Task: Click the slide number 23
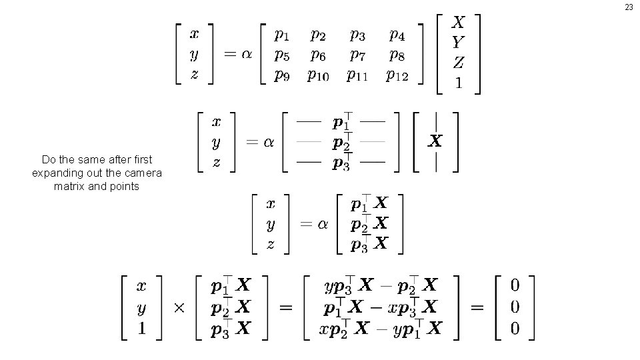(x=629, y=7)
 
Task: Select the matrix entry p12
(x=397, y=75)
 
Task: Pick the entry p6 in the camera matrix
(x=318, y=55)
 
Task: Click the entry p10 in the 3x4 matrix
(x=318, y=75)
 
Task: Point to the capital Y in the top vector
(x=458, y=43)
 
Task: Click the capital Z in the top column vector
(x=458, y=63)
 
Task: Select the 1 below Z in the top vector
(x=458, y=83)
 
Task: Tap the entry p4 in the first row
(x=397, y=34)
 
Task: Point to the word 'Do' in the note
(x=48, y=160)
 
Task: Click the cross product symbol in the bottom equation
(x=179, y=308)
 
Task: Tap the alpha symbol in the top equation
(x=246, y=54)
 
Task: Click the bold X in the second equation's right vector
(x=435, y=141)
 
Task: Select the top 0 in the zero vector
(x=514, y=286)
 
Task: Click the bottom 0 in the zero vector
(x=514, y=329)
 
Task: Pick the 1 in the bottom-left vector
(x=141, y=329)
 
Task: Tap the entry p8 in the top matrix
(x=397, y=55)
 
